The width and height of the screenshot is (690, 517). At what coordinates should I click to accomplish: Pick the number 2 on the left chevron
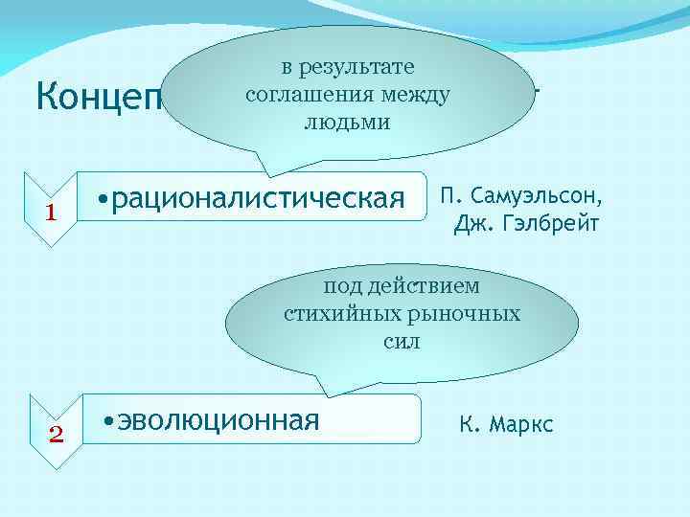pos(55,434)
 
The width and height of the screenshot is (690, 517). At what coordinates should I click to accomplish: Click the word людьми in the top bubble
pos(347,123)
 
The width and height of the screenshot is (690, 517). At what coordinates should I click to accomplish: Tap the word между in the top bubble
pos(417,95)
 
